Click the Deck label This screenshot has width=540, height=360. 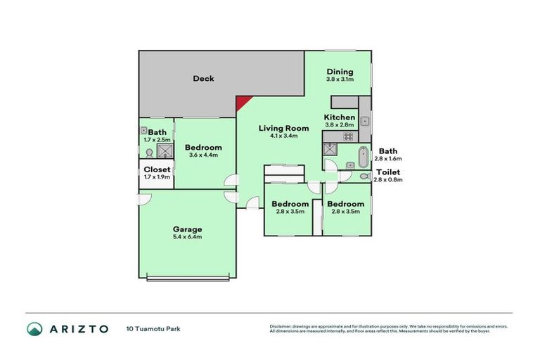coord(203,79)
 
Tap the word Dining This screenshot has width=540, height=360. coord(340,72)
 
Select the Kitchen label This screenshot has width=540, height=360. coord(340,117)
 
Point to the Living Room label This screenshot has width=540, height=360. coord(283,128)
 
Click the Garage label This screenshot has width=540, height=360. coord(188,229)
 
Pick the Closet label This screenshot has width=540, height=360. coord(157,169)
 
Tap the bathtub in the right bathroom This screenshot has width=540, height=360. coord(363,155)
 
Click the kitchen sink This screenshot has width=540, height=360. coord(366,122)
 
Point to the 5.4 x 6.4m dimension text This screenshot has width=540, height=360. coord(188,237)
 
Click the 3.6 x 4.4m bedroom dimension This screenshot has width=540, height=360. coord(203,155)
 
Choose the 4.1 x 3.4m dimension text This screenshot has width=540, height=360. coord(283,136)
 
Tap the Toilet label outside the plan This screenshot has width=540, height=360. coord(388,172)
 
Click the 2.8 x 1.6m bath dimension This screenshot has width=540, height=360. coord(388,159)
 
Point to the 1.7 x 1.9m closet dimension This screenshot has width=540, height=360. coord(157,176)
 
